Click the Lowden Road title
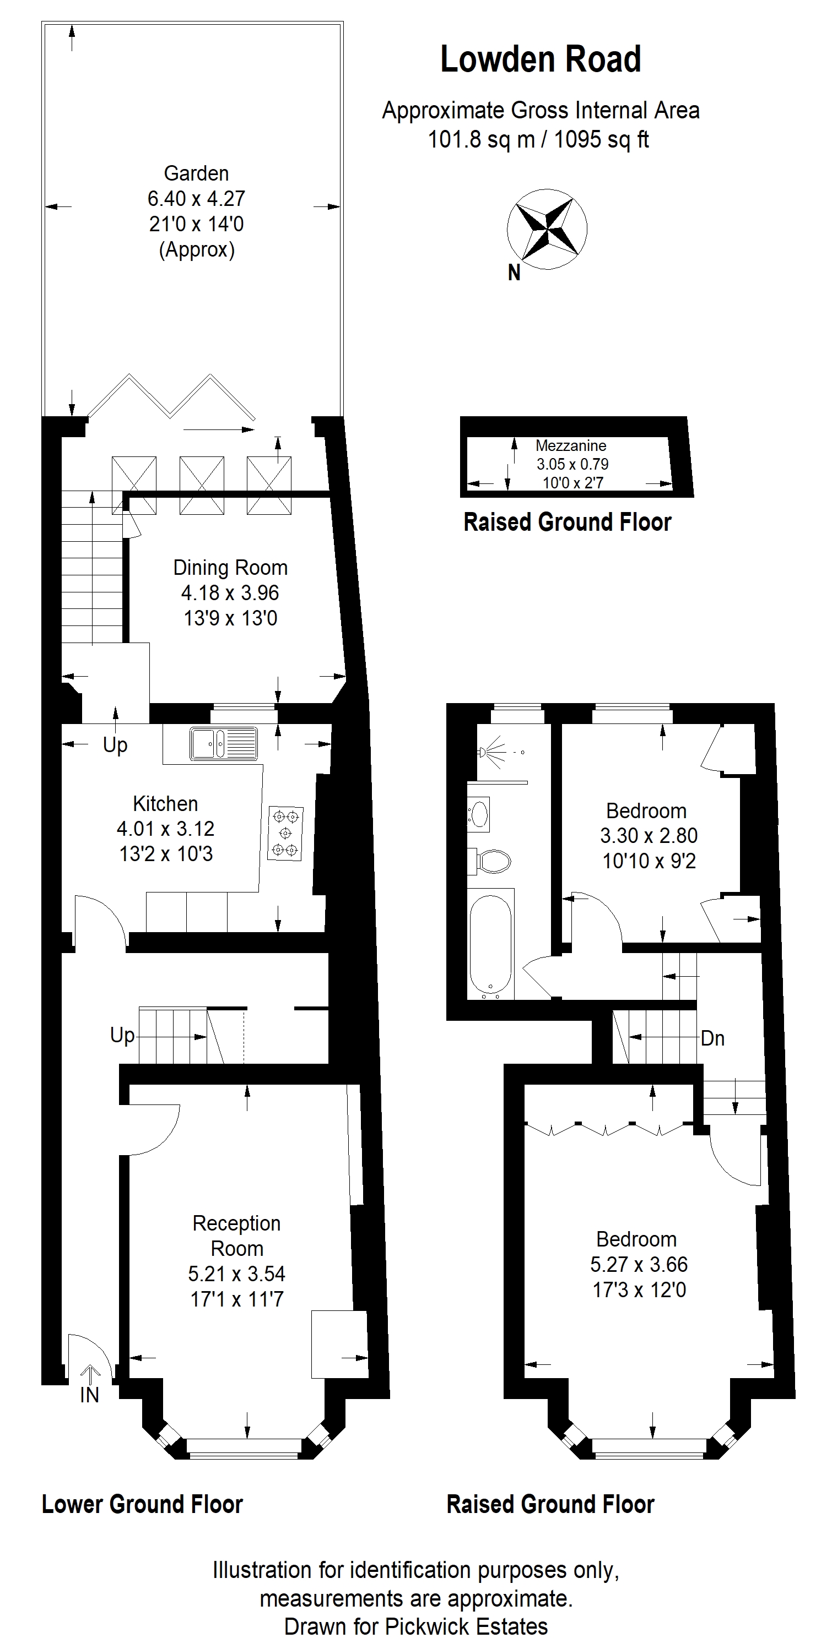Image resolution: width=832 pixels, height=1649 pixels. (x=541, y=59)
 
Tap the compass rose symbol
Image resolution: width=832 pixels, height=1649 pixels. (x=547, y=228)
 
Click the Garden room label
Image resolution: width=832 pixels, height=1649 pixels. (x=196, y=173)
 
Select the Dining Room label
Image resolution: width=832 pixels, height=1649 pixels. (x=230, y=568)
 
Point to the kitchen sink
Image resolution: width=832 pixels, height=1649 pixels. (x=224, y=744)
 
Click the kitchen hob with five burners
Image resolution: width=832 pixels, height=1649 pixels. (x=285, y=833)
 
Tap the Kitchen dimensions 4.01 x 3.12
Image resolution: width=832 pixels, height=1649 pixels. (x=165, y=829)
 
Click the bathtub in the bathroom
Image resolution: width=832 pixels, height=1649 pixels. (x=490, y=943)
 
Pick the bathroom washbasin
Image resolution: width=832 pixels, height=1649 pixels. (x=478, y=814)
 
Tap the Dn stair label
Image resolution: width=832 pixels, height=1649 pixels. (x=713, y=1038)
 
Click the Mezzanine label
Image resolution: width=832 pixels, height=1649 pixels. (x=571, y=445)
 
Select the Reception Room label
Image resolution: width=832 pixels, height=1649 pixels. (x=237, y=1236)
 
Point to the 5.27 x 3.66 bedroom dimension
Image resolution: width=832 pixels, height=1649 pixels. (x=639, y=1264)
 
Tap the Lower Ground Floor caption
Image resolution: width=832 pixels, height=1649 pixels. (x=142, y=1504)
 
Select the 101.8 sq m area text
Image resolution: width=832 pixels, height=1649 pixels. (x=481, y=139)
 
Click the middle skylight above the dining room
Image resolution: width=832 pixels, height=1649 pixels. (x=202, y=485)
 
